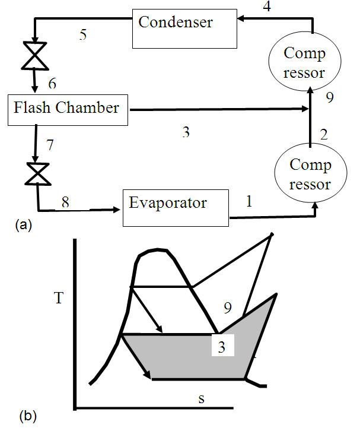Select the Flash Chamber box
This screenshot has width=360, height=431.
[68, 109]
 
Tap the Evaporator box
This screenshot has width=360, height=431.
[176, 208]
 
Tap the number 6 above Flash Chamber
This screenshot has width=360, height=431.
[52, 84]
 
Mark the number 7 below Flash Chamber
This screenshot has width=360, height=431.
[50, 144]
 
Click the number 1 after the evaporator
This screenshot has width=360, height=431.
[249, 202]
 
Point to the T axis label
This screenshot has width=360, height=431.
[58, 297]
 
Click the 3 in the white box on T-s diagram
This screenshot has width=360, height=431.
[221, 346]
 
